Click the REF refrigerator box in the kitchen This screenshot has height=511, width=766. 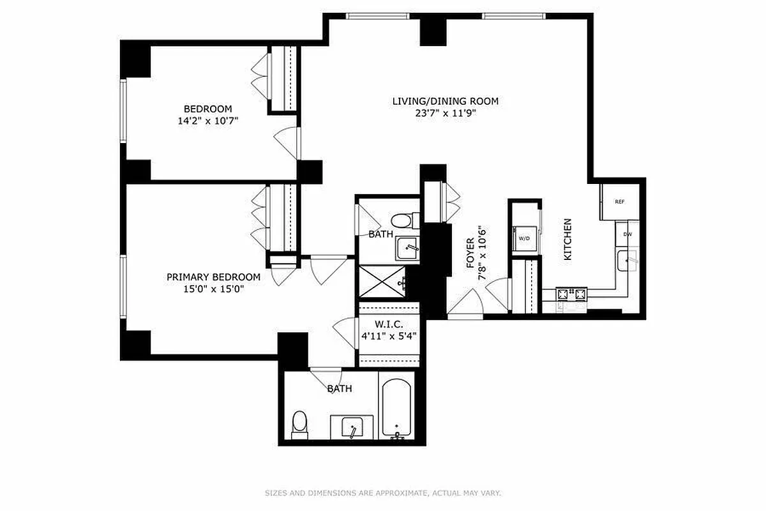pos(618,202)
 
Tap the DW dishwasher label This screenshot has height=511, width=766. pos(627,234)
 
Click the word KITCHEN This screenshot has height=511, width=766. pos(567,240)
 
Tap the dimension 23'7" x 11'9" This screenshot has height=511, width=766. pos(445,113)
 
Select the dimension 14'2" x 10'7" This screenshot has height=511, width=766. pos(208,120)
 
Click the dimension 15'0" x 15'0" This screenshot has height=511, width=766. pos(213,288)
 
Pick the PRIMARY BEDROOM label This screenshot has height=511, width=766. pos(213,277)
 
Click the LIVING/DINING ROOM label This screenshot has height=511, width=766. pos(445,101)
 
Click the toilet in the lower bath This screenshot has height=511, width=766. pos(299,424)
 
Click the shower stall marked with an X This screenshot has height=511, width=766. pos(381,282)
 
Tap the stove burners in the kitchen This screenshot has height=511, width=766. pos(571,294)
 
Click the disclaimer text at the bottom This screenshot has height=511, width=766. pos(383,492)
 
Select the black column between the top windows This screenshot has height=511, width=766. pos(433,29)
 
